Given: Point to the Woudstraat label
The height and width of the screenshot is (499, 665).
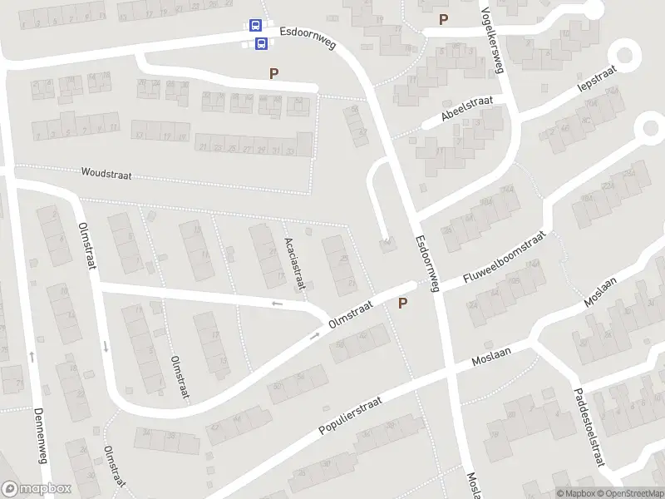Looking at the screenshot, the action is (x=106, y=174).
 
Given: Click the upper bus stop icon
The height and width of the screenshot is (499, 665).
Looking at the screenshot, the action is (x=255, y=27).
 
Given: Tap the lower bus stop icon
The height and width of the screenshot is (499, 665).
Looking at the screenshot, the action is (x=261, y=43).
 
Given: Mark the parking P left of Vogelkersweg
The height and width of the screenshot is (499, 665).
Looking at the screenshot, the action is (x=443, y=19).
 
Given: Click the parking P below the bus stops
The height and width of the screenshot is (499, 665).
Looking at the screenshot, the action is (x=273, y=73).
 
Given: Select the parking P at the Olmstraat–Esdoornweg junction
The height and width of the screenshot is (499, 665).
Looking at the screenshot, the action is (x=403, y=304).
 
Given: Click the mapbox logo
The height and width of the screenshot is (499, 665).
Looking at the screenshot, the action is (x=35, y=489).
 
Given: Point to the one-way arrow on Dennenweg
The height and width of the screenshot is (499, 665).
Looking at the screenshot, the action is (x=32, y=356).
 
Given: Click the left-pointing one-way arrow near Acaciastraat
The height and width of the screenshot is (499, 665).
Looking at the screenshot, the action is (x=277, y=304).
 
